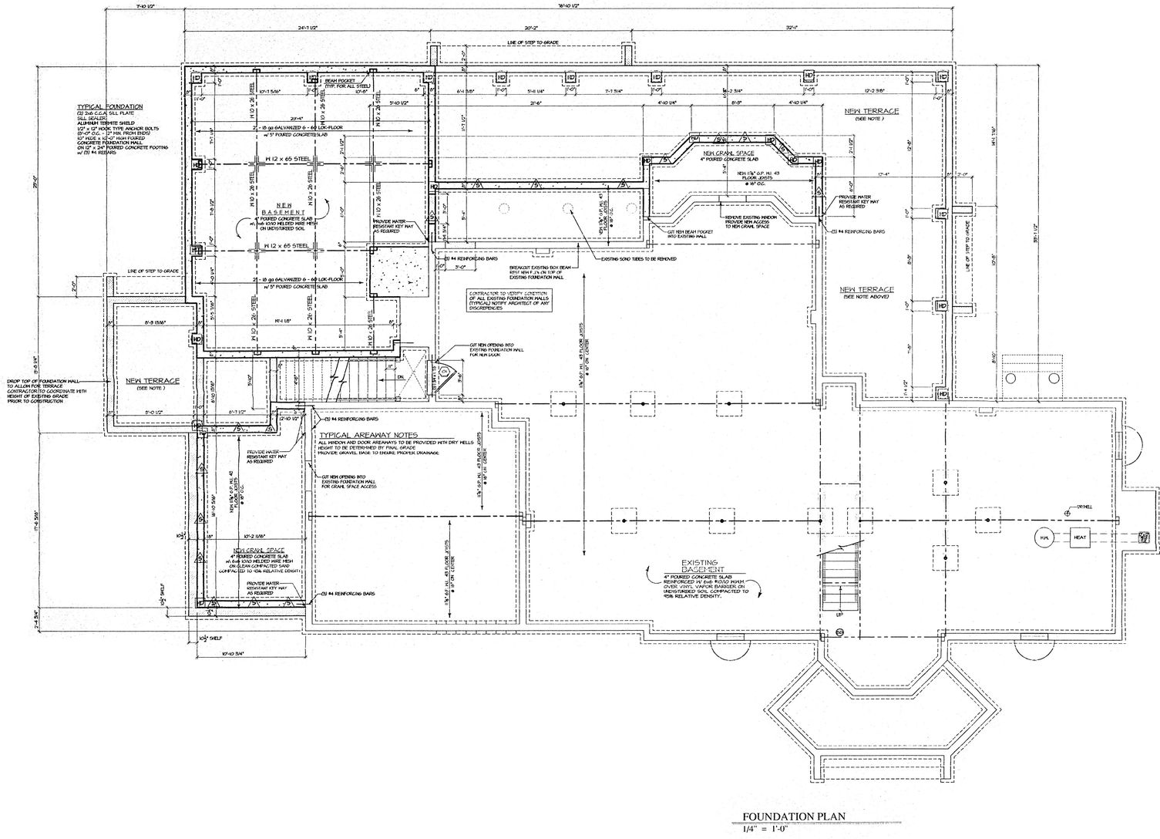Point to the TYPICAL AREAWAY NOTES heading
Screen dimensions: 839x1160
coord(368,436)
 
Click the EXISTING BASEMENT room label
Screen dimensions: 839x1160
coord(700,568)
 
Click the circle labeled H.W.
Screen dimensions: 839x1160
coord(1044,537)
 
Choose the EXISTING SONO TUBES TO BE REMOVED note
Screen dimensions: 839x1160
coord(639,258)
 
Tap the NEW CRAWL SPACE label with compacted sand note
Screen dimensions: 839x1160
coord(257,552)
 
